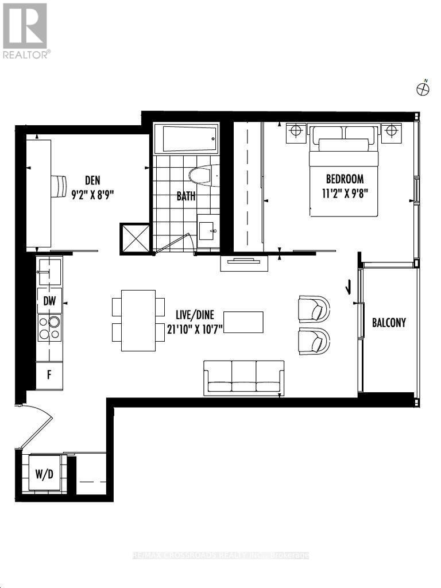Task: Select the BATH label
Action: point(185,196)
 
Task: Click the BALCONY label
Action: point(389,323)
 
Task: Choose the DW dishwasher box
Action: point(49,300)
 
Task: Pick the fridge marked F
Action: point(49,377)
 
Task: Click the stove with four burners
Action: point(49,328)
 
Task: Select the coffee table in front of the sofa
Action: point(243,322)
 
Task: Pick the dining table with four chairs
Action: point(138,320)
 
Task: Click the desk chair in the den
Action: point(59,185)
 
